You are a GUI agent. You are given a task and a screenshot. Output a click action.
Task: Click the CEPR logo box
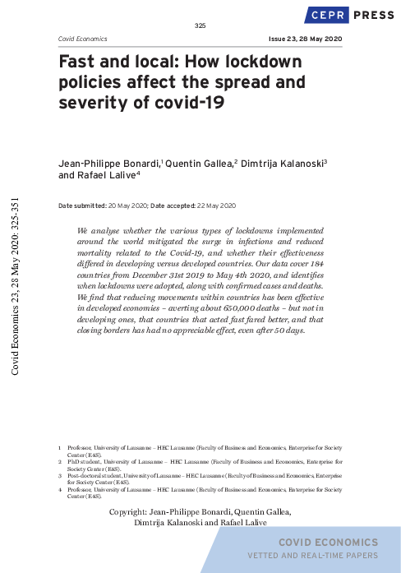(x=328, y=14)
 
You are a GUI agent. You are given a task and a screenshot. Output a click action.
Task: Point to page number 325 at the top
(x=200, y=26)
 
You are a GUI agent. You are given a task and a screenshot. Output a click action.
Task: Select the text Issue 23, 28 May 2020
(x=304, y=39)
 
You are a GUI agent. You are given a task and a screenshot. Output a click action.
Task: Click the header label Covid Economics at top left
(x=83, y=39)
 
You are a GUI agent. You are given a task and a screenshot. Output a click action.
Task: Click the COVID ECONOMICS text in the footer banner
(x=328, y=543)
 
